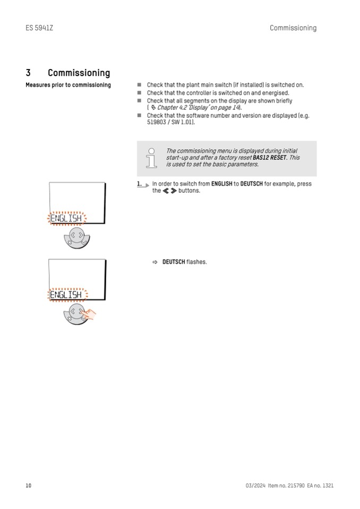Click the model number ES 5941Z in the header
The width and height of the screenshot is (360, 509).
pyautogui.click(x=39, y=28)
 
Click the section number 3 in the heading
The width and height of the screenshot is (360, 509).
pyautogui.click(x=28, y=73)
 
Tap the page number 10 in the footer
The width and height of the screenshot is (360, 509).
pyautogui.click(x=29, y=486)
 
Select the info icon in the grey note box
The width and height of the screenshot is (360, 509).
pyautogui.click(x=151, y=158)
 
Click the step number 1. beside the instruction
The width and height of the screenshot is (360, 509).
pyautogui.click(x=139, y=184)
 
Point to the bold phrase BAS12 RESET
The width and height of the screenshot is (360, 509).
pyautogui.click(x=269, y=158)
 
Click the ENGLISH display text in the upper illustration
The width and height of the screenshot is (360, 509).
pyautogui.click(x=66, y=218)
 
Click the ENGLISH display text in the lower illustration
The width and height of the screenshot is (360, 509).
pyautogui.click(x=66, y=295)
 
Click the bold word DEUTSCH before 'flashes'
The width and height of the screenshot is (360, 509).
pyautogui.click(x=174, y=262)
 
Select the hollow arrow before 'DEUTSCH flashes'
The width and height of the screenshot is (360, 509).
pyautogui.click(x=155, y=262)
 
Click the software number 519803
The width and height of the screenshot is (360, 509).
pyautogui.click(x=157, y=122)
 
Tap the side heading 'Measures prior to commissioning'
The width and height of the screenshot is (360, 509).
pyautogui.click(x=68, y=85)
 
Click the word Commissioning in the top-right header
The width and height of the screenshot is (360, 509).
pyautogui.click(x=293, y=28)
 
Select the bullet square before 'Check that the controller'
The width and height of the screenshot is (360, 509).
pyautogui.click(x=140, y=93)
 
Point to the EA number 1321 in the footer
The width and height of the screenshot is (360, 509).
pyautogui.click(x=328, y=486)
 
